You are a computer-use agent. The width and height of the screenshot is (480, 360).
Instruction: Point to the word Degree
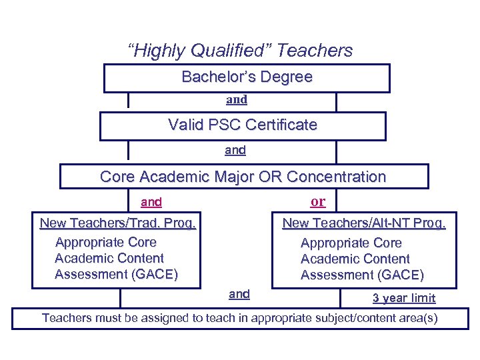287,77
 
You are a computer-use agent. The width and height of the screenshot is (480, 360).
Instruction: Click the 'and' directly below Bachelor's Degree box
237,100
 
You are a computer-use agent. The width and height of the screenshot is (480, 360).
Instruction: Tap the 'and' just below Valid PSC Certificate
235,151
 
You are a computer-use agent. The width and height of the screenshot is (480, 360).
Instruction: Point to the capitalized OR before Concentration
275,177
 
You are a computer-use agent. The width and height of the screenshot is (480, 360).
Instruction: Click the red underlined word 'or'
318,201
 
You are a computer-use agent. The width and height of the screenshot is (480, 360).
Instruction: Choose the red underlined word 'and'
151,202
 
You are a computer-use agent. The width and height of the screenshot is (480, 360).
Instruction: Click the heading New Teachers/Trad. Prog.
118,223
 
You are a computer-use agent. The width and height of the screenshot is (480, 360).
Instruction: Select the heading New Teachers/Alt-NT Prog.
364,223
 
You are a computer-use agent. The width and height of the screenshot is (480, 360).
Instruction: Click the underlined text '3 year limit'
403,298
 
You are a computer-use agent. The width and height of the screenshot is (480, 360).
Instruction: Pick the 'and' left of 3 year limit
239,294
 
